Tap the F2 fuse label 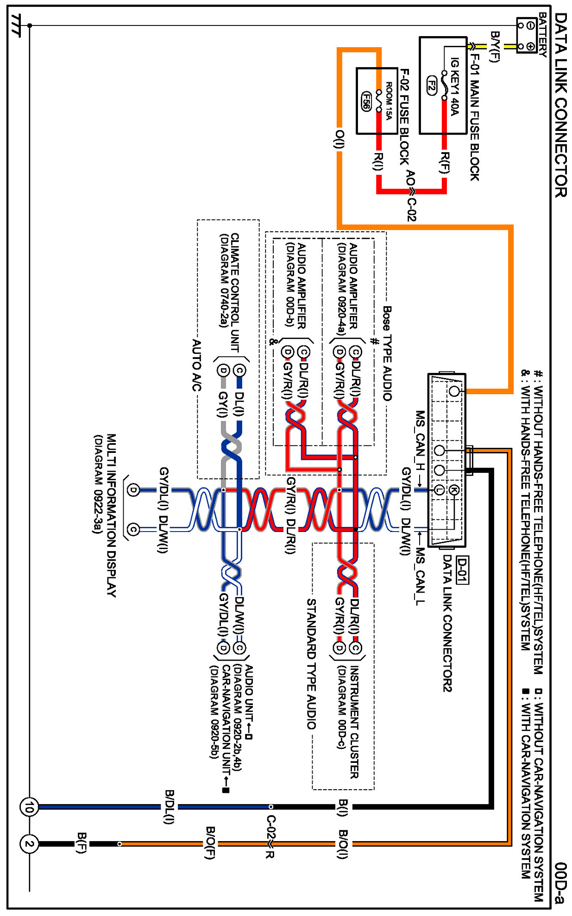(431, 85)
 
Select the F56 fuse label (366, 101)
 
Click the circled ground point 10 (29, 807)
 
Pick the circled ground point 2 (29, 844)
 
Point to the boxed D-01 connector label (462, 570)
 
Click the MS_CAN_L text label (420, 576)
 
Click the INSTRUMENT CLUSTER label (354, 722)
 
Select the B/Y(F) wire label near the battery (495, 46)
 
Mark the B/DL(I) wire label (169, 807)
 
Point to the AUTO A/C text (197, 365)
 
